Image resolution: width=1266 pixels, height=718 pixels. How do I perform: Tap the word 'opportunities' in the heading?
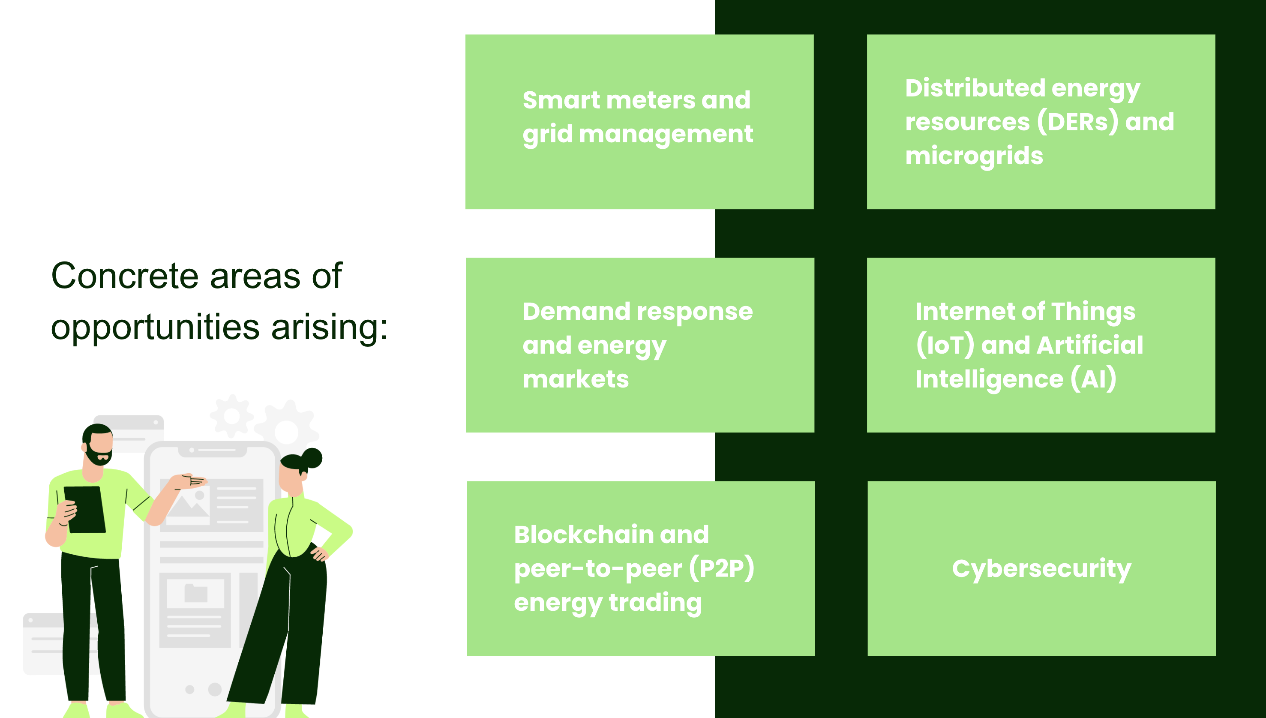click(x=155, y=328)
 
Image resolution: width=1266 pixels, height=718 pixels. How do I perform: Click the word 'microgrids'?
click(x=974, y=156)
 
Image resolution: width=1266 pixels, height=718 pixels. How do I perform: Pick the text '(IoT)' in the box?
click(x=945, y=345)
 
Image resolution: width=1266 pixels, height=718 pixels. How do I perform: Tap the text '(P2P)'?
click(x=722, y=568)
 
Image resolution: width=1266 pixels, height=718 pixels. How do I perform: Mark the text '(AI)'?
click(x=1093, y=379)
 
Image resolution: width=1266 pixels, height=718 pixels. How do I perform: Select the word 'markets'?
click(x=575, y=379)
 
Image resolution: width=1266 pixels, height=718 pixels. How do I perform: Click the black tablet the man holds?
click(x=85, y=509)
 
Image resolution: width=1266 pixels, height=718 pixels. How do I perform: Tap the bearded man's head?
click(x=99, y=444)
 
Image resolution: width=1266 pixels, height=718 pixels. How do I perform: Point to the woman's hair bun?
click(x=312, y=458)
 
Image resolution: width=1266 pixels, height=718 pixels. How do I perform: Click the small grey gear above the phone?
click(x=232, y=416)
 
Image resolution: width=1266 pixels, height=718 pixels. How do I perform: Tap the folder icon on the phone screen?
click(x=196, y=593)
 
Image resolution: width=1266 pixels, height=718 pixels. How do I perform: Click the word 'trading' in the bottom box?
click(x=655, y=603)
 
